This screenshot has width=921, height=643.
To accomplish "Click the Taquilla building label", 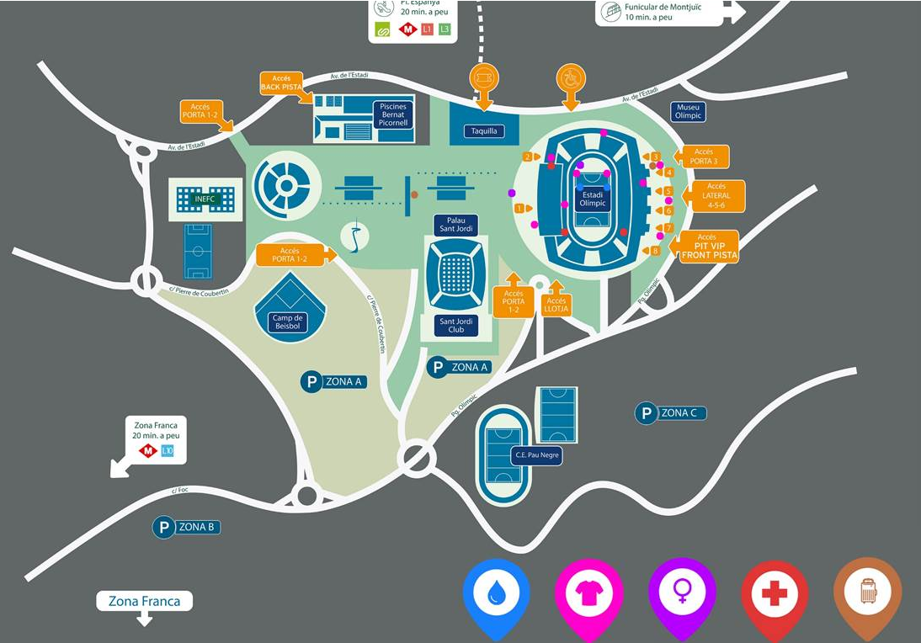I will click(x=484, y=130).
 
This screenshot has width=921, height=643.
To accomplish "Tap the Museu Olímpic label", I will click(x=688, y=112).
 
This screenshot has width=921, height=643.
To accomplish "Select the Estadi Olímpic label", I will click(x=592, y=199).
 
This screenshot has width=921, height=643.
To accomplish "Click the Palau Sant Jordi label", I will click(x=455, y=225).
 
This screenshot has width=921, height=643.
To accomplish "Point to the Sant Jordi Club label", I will click(x=456, y=326).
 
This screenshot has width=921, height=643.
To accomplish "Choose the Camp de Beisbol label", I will click(x=288, y=321).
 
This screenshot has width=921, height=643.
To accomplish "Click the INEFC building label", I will click(x=205, y=199).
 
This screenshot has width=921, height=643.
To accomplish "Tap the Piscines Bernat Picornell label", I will click(x=393, y=115).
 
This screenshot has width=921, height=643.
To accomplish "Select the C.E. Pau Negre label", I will click(x=536, y=455).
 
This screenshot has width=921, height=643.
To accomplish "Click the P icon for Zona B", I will click(x=162, y=528).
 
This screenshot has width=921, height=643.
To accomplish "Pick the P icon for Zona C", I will click(x=646, y=413).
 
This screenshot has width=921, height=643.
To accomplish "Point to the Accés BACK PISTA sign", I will click(x=281, y=83).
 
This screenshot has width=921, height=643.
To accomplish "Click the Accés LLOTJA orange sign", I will click(x=556, y=305).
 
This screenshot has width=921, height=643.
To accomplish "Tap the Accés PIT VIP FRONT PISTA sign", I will click(x=709, y=247).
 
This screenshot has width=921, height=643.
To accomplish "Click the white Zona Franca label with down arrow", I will click(x=145, y=602).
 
